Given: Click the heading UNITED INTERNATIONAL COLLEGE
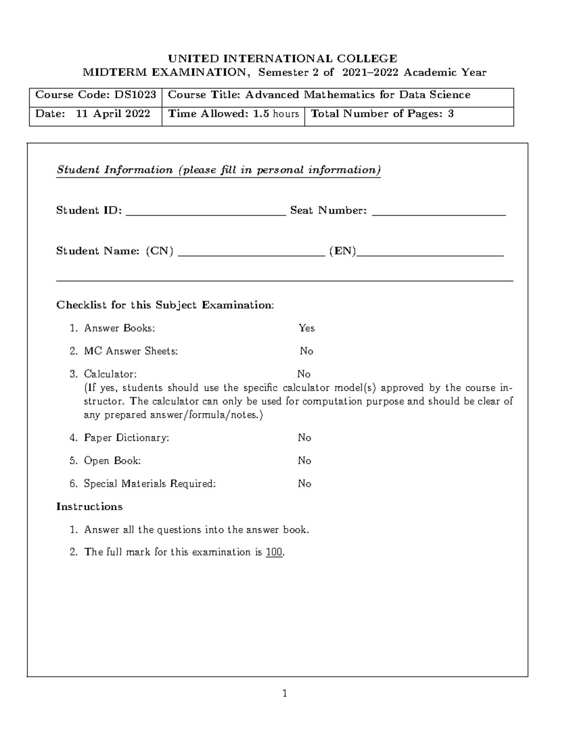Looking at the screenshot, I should tap(282, 58).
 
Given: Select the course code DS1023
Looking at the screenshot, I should tap(135, 95).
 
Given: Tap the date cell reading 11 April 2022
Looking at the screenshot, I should tap(95, 114).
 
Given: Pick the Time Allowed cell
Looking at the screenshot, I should tap(233, 114).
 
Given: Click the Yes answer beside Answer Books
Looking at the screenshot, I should tap(307, 328).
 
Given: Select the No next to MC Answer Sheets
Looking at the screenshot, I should tap(306, 351).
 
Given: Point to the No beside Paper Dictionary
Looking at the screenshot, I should tap(304, 438).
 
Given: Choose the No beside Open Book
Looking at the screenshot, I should tap(304, 461).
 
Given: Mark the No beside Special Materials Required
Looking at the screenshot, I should tap(304, 484).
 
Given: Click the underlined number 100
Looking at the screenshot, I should tap(274, 552).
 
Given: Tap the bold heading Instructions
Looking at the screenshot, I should tap(89, 507).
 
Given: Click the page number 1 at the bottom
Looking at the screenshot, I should tap(285, 693).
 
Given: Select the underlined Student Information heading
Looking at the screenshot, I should tap(218, 170).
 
